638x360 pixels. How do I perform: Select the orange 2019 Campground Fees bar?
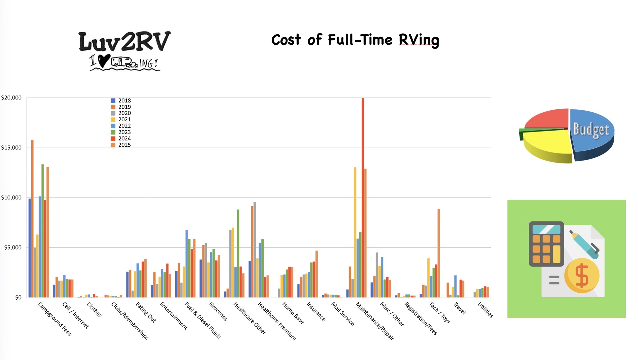click(x=32, y=219)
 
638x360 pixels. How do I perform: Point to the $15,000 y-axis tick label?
click(x=11, y=148)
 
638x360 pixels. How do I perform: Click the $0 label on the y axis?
click(x=18, y=298)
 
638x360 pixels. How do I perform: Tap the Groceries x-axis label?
click(x=218, y=311)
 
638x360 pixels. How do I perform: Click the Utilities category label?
click(x=485, y=310)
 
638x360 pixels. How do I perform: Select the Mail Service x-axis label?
click(x=343, y=314)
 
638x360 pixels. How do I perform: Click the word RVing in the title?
click(x=419, y=40)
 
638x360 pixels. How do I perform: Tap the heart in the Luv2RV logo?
click(x=104, y=60)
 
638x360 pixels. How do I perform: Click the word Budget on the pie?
click(x=591, y=130)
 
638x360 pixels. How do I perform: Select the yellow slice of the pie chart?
click(x=547, y=143)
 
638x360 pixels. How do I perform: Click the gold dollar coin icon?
click(x=582, y=275)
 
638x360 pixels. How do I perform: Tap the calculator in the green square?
click(x=546, y=244)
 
